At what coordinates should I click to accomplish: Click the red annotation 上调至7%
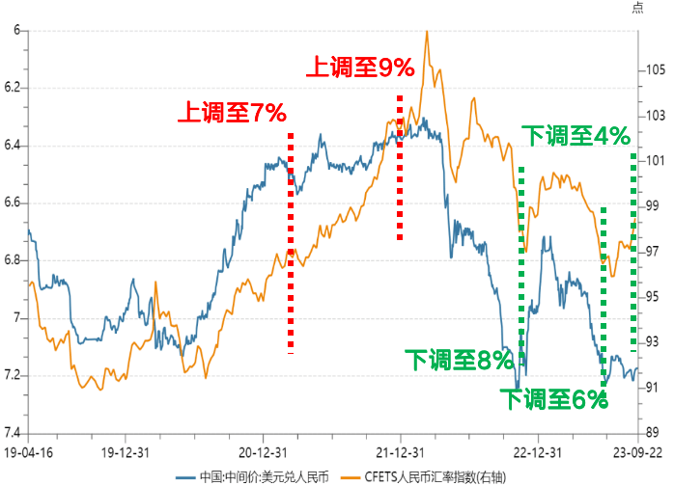click(231, 113)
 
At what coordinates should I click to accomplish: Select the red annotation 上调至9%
click(359, 67)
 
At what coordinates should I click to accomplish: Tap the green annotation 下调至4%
click(577, 136)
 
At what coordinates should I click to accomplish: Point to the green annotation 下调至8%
click(457, 362)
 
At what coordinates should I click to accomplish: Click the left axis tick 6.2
click(14, 88)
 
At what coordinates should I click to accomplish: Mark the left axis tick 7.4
click(14, 433)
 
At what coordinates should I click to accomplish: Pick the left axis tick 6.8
click(14, 260)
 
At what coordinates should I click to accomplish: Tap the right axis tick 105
click(654, 69)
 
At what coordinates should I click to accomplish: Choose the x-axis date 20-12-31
click(265, 450)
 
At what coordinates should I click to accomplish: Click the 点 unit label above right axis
click(637, 8)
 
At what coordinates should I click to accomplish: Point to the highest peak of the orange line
click(426, 31)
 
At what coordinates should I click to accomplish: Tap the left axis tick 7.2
click(14, 375)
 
